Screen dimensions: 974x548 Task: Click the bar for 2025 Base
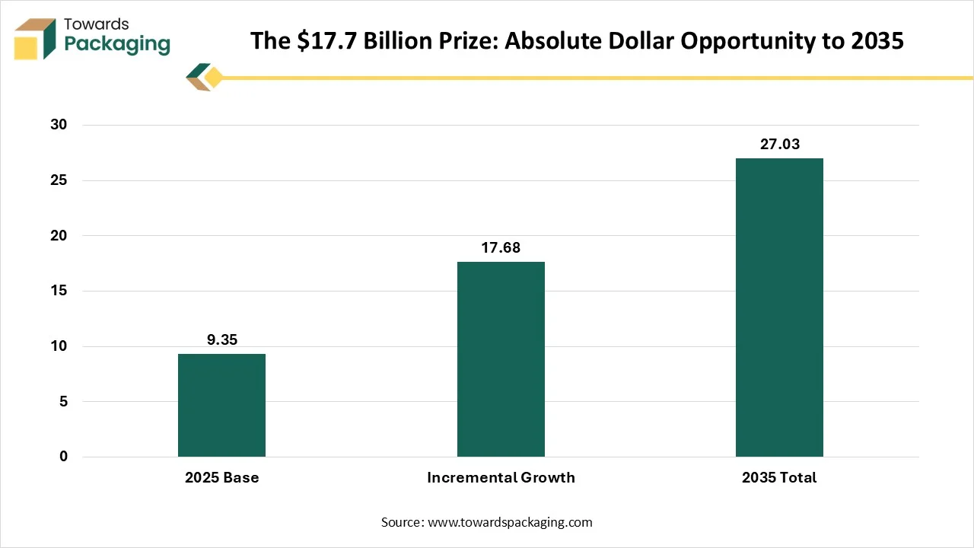click(x=221, y=406)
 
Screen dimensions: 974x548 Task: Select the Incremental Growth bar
click(x=501, y=359)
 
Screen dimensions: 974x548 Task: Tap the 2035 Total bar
click(x=780, y=307)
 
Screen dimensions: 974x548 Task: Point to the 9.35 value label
click(x=222, y=339)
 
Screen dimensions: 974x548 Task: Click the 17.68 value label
click(x=501, y=248)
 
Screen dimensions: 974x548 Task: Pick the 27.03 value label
click(x=780, y=145)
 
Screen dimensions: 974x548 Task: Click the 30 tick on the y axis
click(x=59, y=125)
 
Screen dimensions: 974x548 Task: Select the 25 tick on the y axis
click(x=59, y=180)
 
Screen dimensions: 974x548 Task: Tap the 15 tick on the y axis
click(x=59, y=291)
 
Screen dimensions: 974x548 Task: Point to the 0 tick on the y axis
click(x=63, y=456)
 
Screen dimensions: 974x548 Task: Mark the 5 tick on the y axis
click(x=63, y=401)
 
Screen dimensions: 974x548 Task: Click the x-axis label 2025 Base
click(x=221, y=477)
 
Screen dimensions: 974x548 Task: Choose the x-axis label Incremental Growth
click(x=501, y=477)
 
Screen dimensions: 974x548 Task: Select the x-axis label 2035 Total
click(x=779, y=477)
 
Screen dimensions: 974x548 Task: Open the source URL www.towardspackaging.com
click(x=510, y=522)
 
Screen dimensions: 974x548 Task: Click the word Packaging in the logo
click(x=117, y=44)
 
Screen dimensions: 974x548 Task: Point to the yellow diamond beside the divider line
click(x=214, y=78)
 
